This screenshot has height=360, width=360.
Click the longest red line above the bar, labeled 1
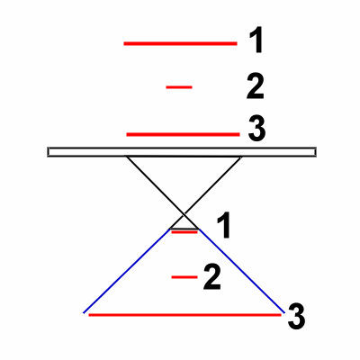pos(180,44)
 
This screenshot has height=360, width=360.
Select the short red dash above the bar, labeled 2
pos(179,87)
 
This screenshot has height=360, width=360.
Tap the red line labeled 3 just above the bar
pos(183,134)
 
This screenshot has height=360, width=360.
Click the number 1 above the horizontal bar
pos(256,40)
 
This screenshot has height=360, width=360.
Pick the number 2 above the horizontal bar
pos(256,86)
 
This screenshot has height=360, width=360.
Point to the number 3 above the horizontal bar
pos(256,129)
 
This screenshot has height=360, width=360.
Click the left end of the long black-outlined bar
pos(48,152)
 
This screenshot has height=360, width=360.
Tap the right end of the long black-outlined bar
pos(316,152)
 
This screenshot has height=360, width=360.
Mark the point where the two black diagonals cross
pos(184,215)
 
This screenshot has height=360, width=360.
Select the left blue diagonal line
pos(127,271)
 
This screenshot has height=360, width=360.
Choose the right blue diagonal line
pos(242,271)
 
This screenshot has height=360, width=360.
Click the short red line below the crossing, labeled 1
pos(184,232)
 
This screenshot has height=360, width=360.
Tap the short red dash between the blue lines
pos(184,277)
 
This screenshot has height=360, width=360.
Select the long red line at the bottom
pos(184,315)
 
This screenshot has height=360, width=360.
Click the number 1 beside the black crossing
pos(224,225)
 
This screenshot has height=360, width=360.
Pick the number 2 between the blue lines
pos(212,277)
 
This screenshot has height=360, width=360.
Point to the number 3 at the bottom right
pos(296,317)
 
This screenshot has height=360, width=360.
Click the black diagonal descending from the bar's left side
pos(162,193)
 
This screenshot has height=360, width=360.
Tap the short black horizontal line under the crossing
pos(184,229)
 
